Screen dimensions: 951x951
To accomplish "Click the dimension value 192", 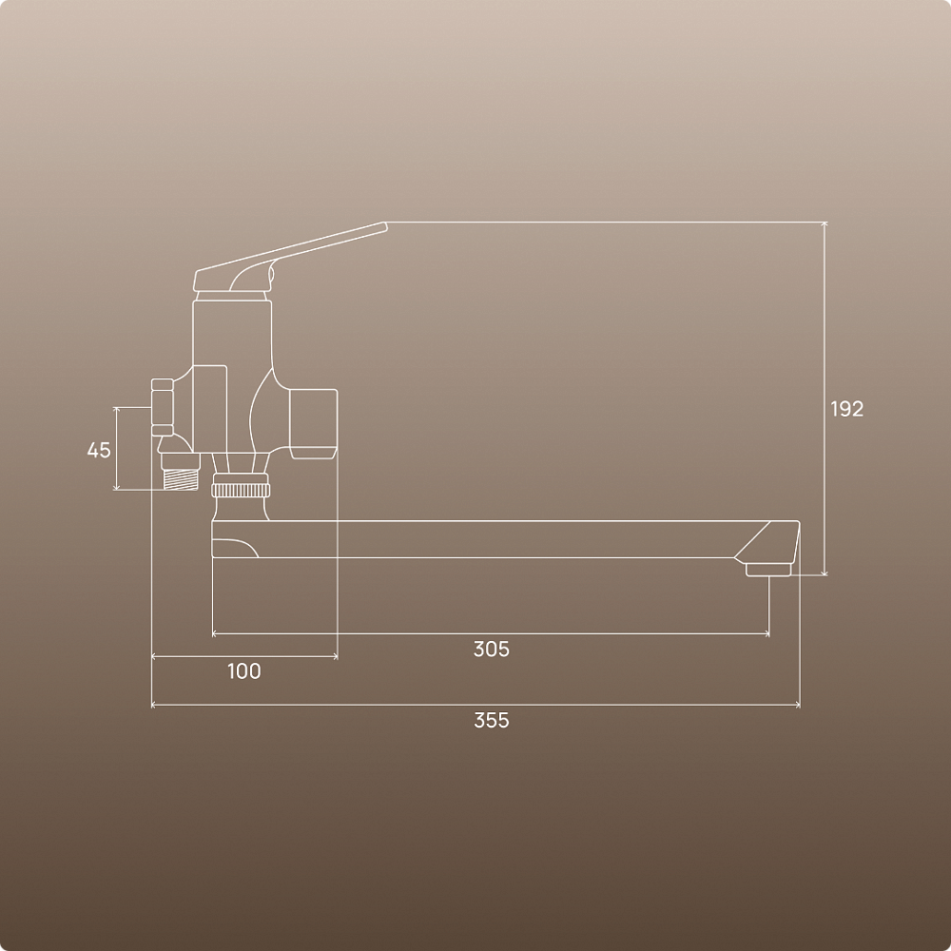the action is [846, 409].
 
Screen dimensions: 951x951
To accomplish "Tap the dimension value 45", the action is [99, 450].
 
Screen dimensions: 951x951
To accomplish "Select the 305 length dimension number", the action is [492, 649].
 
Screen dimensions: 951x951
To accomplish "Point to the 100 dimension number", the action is [244, 671].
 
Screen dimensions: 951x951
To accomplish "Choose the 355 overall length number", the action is [492, 721].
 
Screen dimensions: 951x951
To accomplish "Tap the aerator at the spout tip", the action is [768, 570].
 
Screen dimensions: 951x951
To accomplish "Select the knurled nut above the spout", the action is [241, 490].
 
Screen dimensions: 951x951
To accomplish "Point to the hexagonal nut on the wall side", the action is [162, 407].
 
